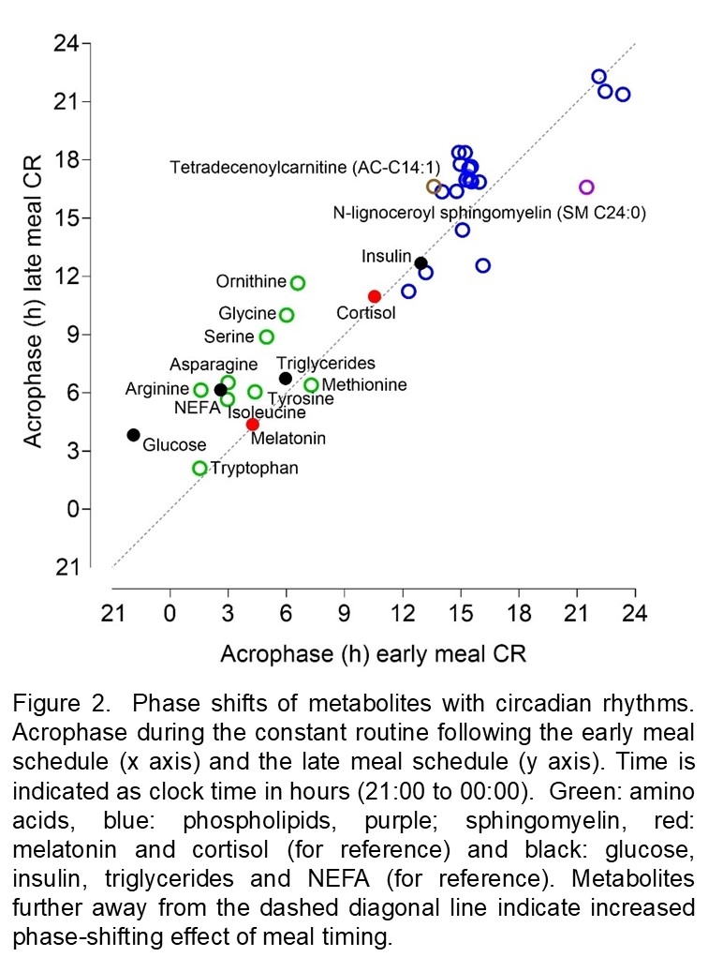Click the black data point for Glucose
(134, 435)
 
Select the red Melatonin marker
(253, 425)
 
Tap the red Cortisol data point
(375, 296)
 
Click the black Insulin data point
(421, 263)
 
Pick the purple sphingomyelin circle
(587, 187)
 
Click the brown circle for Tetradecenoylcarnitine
(434, 187)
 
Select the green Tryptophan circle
(199, 468)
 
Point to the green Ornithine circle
(298, 283)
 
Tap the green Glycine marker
(287, 315)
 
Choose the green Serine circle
(267, 337)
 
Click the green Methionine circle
(312, 385)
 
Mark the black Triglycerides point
(286, 379)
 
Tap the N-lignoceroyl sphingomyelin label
(489, 212)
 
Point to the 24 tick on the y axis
(66, 43)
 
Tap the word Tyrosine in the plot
(301, 399)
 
